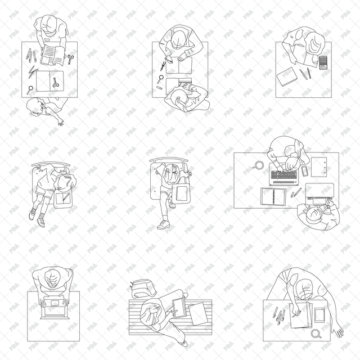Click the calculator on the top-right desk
(x=323, y=62)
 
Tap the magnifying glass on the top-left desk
(x=29, y=88)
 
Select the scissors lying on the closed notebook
(x=56, y=82)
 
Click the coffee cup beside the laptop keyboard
(x=259, y=165)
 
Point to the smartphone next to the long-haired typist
(x=305, y=170)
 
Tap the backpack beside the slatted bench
(x=142, y=289)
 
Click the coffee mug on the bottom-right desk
(x=317, y=334)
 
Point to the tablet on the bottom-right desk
(x=319, y=314)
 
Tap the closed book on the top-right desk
(x=289, y=76)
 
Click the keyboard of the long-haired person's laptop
(x=283, y=175)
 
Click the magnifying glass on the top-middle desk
(x=160, y=86)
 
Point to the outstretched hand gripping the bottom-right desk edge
(x=339, y=331)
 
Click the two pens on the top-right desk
(x=304, y=74)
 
